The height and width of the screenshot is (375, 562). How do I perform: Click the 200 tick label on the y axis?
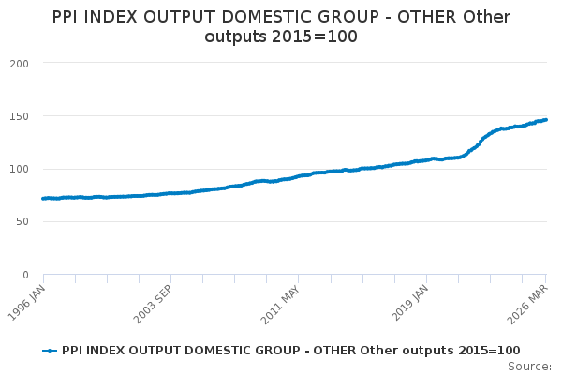click(x=19, y=64)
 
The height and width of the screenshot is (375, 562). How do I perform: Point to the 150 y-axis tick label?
click(x=19, y=116)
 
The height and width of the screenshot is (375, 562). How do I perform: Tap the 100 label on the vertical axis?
click(x=19, y=169)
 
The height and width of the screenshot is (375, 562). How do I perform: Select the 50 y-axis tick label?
click(x=22, y=222)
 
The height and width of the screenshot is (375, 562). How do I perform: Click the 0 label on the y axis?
click(x=25, y=275)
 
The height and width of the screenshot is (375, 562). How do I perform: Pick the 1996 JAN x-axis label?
click(x=27, y=303)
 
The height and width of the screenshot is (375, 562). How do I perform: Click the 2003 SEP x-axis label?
click(x=153, y=304)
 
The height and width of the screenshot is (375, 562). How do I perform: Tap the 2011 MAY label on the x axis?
click(x=280, y=305)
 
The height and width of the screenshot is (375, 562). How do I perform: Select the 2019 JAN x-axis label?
click(x=410, y=303)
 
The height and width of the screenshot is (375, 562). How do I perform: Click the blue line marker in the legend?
click(x=50, y=351)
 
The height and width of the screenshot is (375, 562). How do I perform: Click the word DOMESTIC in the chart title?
click(x=261, y=17)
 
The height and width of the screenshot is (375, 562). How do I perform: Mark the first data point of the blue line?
click(x=43, y=199)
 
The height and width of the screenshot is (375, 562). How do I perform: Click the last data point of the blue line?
click(x=545, y=120)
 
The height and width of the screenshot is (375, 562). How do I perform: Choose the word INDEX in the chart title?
click(x=110, y=17)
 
